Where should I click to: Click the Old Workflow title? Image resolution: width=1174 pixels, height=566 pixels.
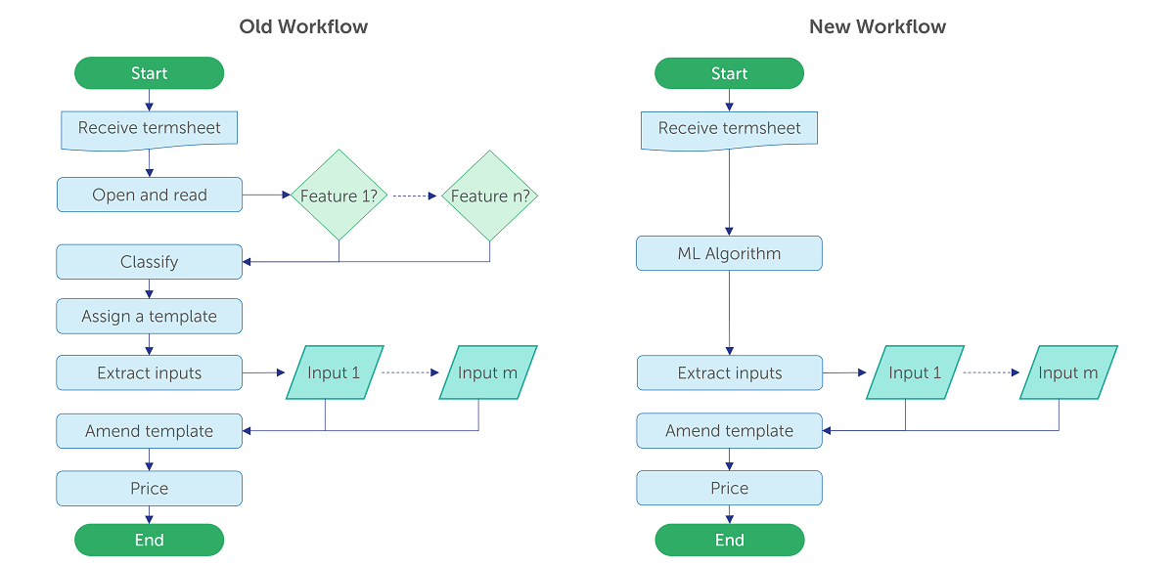coord(303,26)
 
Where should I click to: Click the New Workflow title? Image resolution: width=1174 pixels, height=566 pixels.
coord(878,26)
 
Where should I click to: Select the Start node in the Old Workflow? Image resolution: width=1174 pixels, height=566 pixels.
coord(150,72)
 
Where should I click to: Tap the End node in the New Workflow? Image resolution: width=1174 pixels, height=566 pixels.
coord(730,540)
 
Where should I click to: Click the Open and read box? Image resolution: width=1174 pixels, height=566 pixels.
coord(150,195)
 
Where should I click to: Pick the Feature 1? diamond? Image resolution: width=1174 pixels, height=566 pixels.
coord(339,196)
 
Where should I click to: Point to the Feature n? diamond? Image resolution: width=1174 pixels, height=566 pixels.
coord(489,196)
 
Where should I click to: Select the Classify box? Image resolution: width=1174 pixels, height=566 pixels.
coord(150,262)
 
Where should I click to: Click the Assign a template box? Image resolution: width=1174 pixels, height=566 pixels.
coord(150,317)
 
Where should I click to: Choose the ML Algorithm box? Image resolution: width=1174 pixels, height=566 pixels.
coord(729,253)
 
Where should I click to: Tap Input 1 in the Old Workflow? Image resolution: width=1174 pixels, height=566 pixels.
coord(335,372)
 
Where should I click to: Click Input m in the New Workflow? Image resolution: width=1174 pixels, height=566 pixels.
coord(1068,372)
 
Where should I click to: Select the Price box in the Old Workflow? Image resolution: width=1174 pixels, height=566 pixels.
coord(150,489)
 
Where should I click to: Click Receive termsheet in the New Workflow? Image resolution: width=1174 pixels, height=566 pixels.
coord(729,131)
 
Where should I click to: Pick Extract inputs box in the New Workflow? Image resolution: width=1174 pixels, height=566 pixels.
coord(730,372)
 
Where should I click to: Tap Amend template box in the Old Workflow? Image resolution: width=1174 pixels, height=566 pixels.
coord(150,431)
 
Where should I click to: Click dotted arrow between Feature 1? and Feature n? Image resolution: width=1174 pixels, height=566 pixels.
coord(415,196)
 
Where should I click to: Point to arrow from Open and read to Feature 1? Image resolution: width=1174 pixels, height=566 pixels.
coord(266,195)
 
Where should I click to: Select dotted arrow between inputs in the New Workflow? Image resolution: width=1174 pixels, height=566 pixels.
coord(991,372)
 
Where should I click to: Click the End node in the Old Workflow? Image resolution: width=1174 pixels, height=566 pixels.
coord(150,540)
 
